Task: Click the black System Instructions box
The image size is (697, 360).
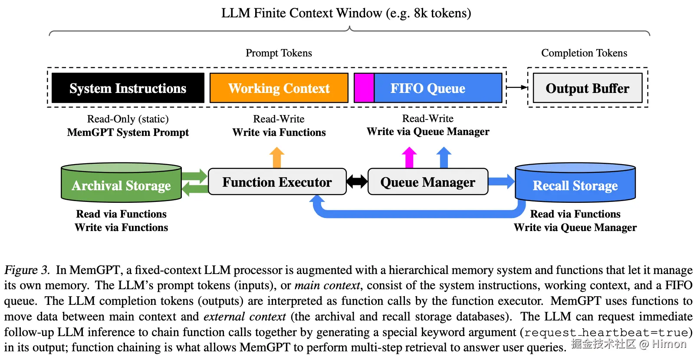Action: (128, 88)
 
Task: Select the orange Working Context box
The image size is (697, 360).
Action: (279, 88)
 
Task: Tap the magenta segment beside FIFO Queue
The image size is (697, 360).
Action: (364, 88)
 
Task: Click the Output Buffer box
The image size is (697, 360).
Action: (587, 88)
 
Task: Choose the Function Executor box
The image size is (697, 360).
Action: (277, 182)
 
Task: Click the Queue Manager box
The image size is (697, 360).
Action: (427, 182)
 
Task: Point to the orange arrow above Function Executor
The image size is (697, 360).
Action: (277, 157)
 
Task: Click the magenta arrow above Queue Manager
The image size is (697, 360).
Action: (409, 157)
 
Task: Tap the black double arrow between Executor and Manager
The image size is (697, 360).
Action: (357, 182)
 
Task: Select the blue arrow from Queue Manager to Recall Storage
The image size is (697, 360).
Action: (502, 182)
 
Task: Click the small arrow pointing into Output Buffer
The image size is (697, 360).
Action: (517, 87)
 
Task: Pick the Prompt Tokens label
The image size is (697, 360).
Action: (279, 53)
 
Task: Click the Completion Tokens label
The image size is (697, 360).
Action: (584, 53)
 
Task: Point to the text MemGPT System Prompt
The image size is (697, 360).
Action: (128, 132)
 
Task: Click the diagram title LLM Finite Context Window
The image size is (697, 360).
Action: (346, 13)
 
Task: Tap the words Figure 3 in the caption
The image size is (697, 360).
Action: (26, 270)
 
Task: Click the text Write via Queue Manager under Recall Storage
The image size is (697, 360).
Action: (575, 228)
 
